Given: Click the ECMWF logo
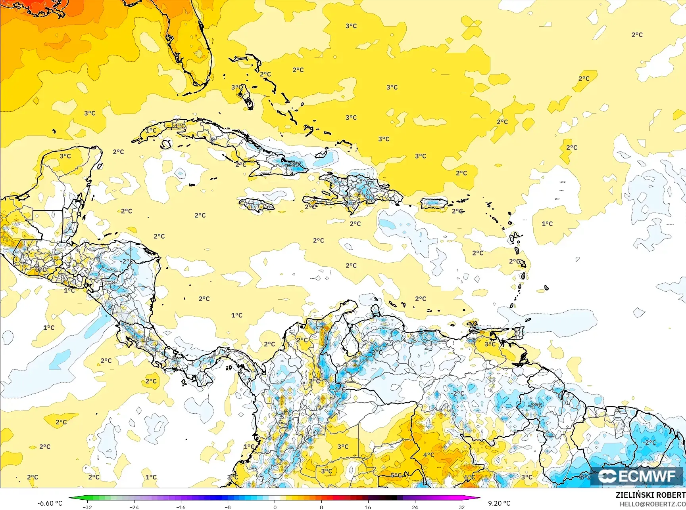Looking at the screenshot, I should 637,476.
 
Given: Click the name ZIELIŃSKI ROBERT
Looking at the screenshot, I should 650,495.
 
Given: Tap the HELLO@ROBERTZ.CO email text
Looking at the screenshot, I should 653,504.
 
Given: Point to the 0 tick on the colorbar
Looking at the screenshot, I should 275,507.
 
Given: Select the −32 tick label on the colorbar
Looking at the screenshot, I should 88,507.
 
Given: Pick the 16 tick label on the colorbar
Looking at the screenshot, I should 368,507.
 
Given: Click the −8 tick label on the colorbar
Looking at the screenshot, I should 227,507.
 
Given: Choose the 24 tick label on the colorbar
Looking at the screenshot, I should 415,507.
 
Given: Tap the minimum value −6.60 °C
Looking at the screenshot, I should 50,503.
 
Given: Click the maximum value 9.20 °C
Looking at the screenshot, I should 499,503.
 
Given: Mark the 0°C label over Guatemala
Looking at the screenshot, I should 41,270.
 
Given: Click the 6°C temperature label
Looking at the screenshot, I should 469,477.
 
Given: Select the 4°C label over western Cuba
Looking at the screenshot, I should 180,126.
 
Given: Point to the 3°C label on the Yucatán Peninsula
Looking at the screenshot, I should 65,156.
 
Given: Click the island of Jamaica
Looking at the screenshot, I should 257,205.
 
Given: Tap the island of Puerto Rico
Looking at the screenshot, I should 434,204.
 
